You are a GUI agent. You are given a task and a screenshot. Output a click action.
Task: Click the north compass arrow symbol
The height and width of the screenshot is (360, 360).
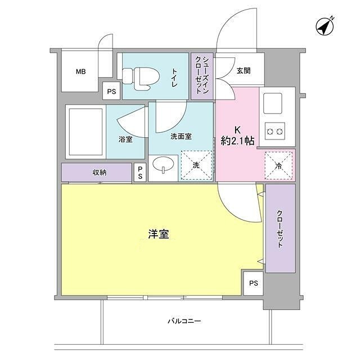click(323, 26)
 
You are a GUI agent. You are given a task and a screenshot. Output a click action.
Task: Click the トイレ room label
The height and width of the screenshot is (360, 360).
click(174, 77)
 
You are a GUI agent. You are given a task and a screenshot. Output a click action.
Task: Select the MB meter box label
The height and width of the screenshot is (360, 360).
click(81, 72)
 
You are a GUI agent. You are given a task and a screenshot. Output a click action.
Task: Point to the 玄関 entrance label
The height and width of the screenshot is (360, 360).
click(244, 71)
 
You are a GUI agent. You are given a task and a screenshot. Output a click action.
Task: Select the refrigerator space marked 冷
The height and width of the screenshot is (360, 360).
click(278, 165)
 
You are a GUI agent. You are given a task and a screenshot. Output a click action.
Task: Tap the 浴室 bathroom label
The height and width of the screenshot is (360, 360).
click(125, 139)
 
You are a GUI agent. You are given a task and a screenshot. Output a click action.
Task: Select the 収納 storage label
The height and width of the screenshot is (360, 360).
click(100, 172)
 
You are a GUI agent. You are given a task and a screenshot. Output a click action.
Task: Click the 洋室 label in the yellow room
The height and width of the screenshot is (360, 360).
click(159, 235)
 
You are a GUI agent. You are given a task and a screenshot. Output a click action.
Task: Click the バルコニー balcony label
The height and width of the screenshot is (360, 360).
click(184, 322)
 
